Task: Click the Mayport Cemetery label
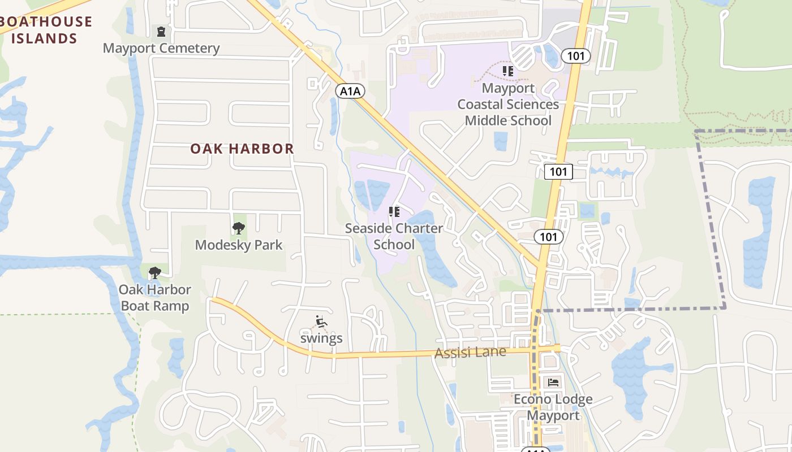[161, 48]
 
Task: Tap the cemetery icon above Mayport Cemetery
[161, 31]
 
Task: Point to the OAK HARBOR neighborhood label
[242, 149]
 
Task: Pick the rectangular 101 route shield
[558, 172]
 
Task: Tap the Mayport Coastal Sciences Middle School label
[508, 105]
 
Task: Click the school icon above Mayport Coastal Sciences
[508, 71]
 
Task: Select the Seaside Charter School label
[394, 236]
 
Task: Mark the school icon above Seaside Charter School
[394, 212]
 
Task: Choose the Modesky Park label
[239, 245]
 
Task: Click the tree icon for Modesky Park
[239, 228]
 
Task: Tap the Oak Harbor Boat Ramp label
[154, 298]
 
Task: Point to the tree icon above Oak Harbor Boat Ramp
[154, 273]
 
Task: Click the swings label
[321, 338]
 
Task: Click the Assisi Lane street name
[470, 353]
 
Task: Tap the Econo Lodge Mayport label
[553, 407]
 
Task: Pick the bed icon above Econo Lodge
[553, 383]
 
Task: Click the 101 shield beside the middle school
[576, 56]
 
